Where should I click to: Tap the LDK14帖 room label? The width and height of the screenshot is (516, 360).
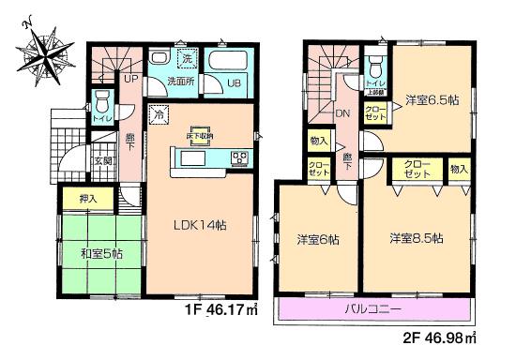pos(203,226)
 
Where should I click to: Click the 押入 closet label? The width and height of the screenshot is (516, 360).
pos(74,199)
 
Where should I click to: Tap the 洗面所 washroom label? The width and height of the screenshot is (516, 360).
pos(180,82)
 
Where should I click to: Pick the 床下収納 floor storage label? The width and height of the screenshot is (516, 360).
pos(202,137)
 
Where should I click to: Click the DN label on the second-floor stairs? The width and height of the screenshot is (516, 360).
pos(342,113)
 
